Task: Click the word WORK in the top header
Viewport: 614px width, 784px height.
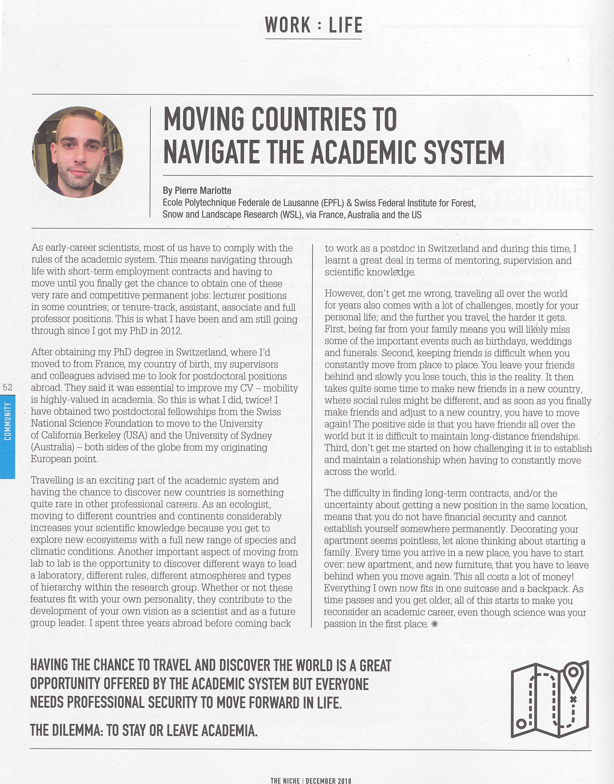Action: pos(288,25)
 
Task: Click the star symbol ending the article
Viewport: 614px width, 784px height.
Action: pos(435,624)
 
